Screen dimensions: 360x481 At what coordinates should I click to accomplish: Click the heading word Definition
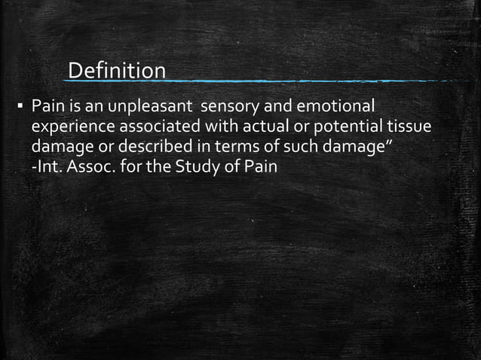(117, 71)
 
